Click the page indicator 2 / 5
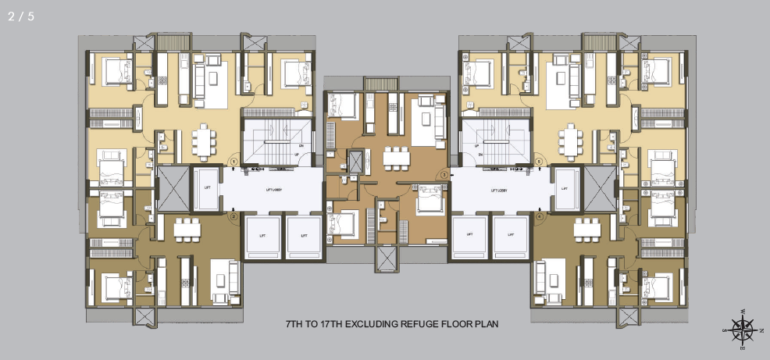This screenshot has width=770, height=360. pos(21,16)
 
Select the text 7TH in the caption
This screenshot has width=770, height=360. pos(296,323)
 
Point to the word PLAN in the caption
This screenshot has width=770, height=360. pos(486,323)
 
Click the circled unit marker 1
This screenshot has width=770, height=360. pos(233,162)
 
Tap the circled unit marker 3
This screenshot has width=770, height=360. pos(444,175)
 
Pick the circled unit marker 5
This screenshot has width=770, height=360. pos(539,162)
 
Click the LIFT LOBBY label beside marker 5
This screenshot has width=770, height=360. pos(501,189)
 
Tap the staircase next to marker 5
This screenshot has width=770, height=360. pos(501,141)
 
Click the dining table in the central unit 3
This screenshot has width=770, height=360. pos(396,157)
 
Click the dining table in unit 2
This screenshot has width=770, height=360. pos(187,229)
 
